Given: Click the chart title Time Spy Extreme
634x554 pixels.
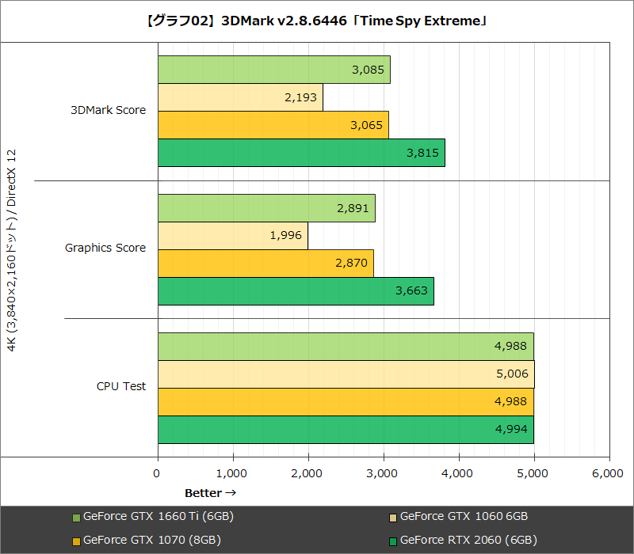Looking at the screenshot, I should tap(317, 21).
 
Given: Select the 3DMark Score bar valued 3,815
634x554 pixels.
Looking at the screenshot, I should tap(301, 153).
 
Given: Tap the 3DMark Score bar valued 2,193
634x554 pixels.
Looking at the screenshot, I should tap(240, 97).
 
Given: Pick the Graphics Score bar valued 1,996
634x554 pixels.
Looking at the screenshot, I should tap(233, 235).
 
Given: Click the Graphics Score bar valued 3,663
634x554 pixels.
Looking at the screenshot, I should tap(296, 290).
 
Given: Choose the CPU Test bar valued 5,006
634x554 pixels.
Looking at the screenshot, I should tap(346, 374).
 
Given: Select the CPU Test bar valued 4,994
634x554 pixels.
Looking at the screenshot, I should tap(346, 430).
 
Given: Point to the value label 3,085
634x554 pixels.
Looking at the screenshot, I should tap(368, 70).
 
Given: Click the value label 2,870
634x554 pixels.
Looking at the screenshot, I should tap(351, 263).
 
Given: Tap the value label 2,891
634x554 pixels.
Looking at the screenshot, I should tap(353, 208).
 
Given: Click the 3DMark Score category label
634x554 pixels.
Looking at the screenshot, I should tap(108, 110).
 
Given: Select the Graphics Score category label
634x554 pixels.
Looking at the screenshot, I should tap(105, 248).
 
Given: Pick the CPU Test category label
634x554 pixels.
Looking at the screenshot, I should tap(121, 386).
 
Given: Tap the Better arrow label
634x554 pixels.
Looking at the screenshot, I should tap(210, 493).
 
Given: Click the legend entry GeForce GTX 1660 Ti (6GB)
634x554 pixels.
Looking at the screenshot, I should tap(158, 517).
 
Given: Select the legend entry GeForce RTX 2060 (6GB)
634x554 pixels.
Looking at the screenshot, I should tap(468, 541).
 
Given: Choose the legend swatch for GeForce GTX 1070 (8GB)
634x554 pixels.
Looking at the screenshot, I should tap(76, 541).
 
